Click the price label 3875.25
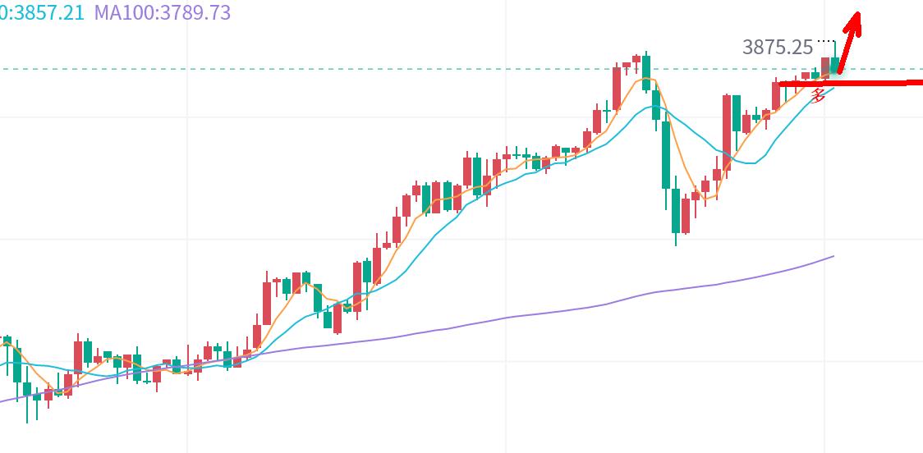click(x=777, y=48)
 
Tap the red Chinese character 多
click(x=818, y=96)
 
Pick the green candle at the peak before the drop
click(x=646, y=72)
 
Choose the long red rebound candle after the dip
click(x=727, y=123)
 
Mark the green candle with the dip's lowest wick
click(x=676, y=212)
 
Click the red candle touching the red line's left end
click(x=776, y=95)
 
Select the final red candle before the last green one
click(x=825, y=66)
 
